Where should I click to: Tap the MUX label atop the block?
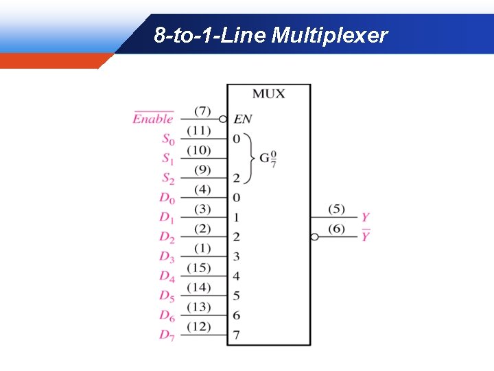click(268, 93)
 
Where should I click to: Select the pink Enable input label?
click(153, 119)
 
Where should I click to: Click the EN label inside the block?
click(242, 120)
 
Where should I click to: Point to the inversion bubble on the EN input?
click(223, 119)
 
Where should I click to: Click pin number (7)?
click(202, 111)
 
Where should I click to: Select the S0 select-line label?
click(168, 139)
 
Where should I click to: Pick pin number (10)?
click(199, 150)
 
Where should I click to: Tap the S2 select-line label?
click(168, 178)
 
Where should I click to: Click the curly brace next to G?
click(248, 158)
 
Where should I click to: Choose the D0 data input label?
click(167, 198)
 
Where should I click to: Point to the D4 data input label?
click(167, 276)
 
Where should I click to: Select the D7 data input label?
click(167, 335)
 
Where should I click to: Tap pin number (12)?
click(199, 326)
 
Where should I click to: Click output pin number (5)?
click(336, 209)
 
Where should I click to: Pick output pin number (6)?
click(336, 229)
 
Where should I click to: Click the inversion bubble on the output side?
click(314, 237)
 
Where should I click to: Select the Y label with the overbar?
click(366, 236)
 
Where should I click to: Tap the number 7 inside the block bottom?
click(237, 335)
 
